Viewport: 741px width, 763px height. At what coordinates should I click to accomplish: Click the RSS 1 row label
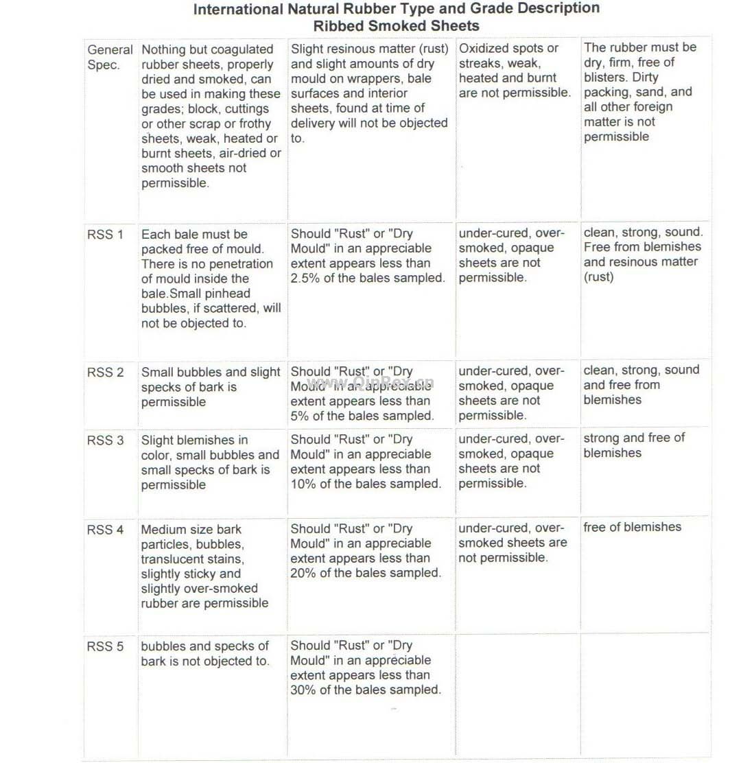click(x=105, y=235)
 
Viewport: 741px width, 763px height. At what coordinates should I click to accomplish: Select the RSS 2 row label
click(x=105, y=373)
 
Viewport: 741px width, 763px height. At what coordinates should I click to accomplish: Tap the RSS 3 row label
click(x=105, y=441)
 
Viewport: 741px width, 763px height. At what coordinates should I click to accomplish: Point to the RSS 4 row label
click(x=105, y=530)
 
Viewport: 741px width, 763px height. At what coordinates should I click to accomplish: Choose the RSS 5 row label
click(x=105, y=646)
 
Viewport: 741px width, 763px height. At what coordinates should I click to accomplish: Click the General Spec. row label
click(x=110, y=58)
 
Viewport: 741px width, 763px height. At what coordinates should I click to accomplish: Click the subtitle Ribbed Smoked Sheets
click(x=396, y=26)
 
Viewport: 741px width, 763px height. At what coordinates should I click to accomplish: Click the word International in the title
click(x=237, y=10)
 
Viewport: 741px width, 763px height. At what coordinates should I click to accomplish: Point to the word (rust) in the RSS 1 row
click(x=598, y=277)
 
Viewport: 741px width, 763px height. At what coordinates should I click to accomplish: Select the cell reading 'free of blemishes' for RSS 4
click(x=632, y=527)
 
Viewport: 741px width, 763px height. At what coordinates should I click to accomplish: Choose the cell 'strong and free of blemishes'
click(x=634, y=445)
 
